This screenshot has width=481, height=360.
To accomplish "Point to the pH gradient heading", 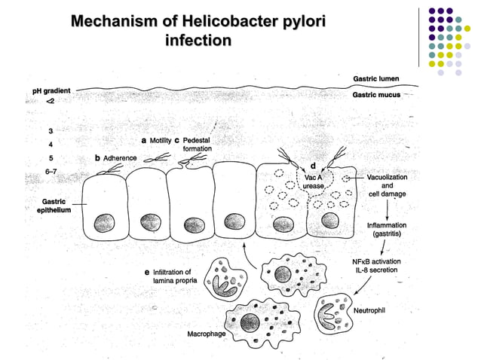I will [52, 91].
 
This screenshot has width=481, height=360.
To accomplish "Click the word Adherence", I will [119, 158].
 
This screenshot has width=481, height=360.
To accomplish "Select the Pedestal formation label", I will [197, 145].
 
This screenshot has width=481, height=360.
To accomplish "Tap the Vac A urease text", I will [314, 181].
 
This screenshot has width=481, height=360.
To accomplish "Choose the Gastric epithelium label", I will [55, 206].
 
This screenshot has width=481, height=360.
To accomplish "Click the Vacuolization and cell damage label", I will [388, 185].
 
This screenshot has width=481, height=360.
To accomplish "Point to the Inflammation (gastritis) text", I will [387, 229].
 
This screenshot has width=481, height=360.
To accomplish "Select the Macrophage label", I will [205, 333].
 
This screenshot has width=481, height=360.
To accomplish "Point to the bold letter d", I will [313, 166].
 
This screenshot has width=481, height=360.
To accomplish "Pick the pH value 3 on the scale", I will [50, 130].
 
